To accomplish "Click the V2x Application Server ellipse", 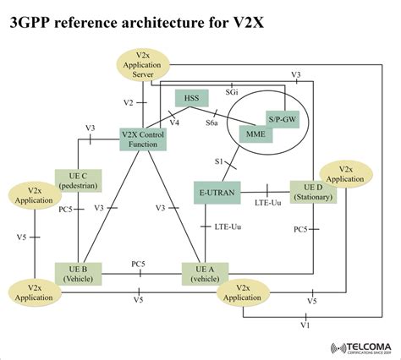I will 143,64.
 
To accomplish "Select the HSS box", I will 192,99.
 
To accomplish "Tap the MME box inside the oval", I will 254,132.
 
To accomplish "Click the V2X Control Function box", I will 143,137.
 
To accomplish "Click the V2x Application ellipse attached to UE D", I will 360,174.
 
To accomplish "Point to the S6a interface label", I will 226,122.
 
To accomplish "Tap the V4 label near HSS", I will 174,123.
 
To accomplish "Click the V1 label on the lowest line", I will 305,324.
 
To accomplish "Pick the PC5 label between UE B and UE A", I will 138,264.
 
